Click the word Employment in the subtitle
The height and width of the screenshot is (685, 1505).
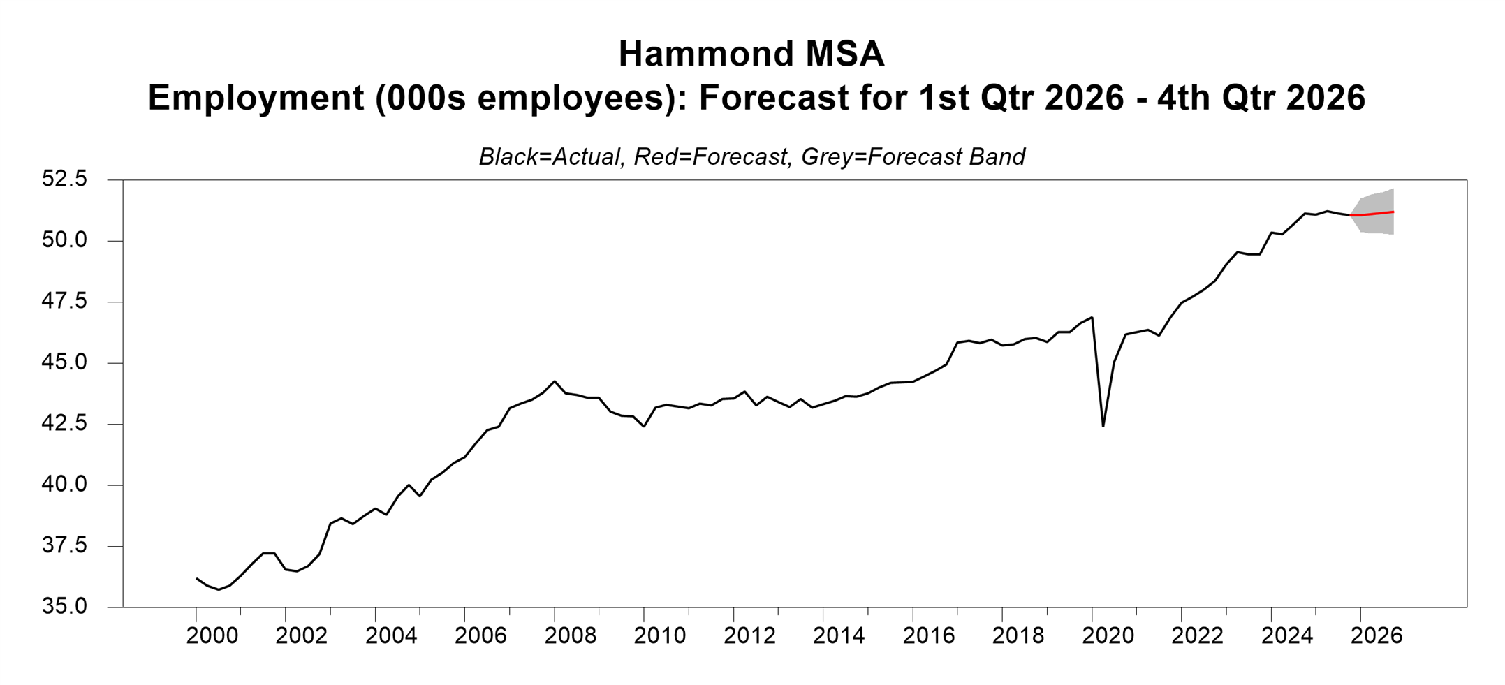coord(256,98)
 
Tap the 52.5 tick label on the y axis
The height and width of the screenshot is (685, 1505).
coord(64,179)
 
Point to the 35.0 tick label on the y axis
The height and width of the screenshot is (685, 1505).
coord(64,606)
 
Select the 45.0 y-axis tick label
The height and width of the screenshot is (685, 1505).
coord(64,362)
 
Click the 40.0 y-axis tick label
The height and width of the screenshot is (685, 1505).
coord(64,484)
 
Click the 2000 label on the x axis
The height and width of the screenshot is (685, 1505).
coord(212,635)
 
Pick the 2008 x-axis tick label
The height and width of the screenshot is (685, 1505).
coord(571,635)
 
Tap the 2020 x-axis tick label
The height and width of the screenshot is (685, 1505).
coord(1108,635)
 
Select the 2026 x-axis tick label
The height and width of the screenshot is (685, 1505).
coord(1376,635)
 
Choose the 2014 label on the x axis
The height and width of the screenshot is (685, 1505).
coord(839,635)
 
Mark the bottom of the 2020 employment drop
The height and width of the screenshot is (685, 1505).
coord(1103,425)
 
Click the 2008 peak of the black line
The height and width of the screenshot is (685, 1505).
coord(555,381)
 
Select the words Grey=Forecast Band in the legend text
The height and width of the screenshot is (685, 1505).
coord(913,156)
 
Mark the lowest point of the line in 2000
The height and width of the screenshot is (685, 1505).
coord(219,589)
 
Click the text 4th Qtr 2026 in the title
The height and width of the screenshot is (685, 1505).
coord(1261,98)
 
